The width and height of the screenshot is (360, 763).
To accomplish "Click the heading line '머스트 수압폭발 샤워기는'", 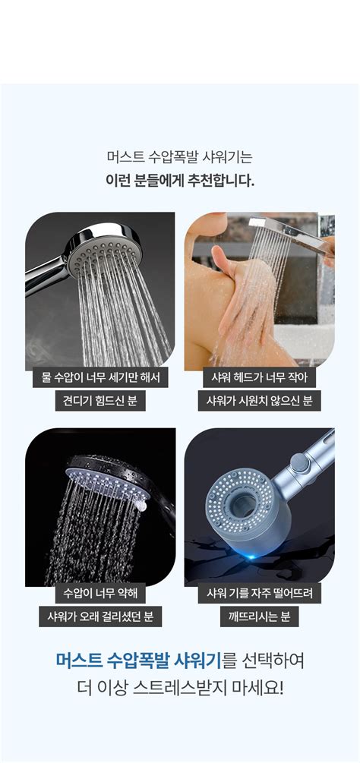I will pyautogui.click(x=179, y=158).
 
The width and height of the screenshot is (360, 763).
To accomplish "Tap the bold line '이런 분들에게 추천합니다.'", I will pyautogui.click(x=179, y=181).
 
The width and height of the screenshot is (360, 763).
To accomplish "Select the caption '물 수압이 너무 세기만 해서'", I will pyautogui.click(x=100, y=377).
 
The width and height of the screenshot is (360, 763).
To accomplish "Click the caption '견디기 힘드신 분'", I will pyautogui.click(x=100, y=400).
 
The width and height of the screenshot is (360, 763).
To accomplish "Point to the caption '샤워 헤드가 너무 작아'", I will pyautogui.click(x=259, y=377).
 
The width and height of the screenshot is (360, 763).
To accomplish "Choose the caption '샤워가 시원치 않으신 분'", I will pyautogui.click(x=259, y=400).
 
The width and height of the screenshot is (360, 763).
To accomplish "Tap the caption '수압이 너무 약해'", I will pyautogui.click(x=100, y=593).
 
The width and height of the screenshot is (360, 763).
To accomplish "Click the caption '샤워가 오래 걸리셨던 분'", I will pyautogui.click(x=100, y=616).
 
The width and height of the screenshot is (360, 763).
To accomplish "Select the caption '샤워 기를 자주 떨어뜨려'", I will pyautogui.click(x=259, y=593).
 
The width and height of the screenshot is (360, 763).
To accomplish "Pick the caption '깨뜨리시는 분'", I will pyautogui.click(x=259, y=616).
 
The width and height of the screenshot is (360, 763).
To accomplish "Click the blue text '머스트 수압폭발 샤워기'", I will pyautogui.click(x=138, y=660).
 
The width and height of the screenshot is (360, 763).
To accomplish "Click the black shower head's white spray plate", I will pyautogui.click(x=103, y=484).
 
